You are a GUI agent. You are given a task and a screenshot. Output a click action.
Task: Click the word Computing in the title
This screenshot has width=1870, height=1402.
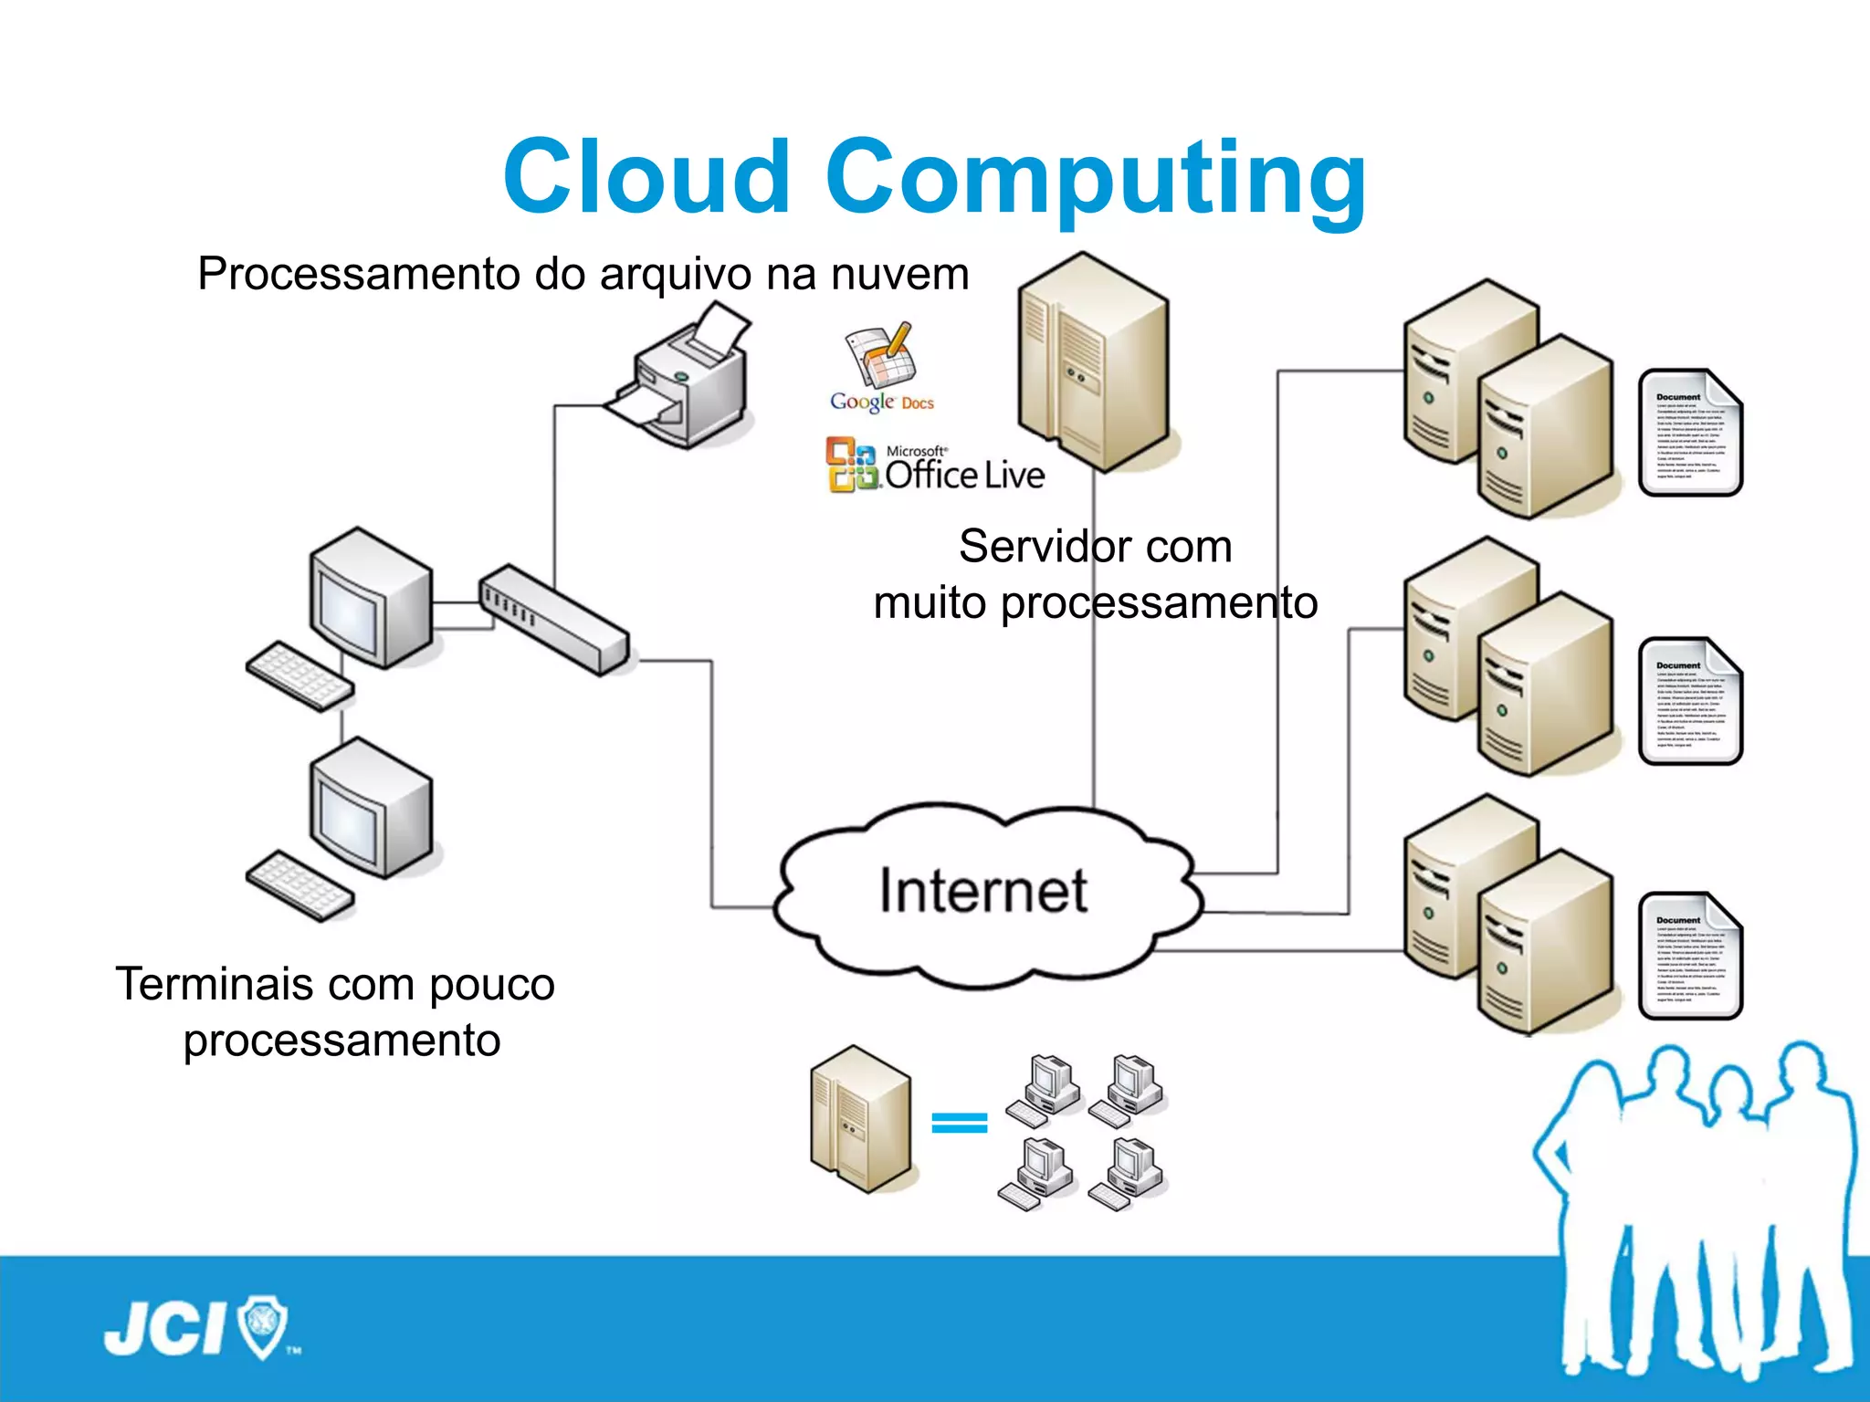pyautogui.click(x=1096, y=178)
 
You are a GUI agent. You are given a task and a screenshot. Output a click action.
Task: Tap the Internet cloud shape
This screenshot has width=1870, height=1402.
pyautogui.click(x=984, y=893)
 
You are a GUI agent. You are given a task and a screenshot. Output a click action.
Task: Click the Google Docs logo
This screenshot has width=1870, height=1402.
pyautogui.click(x=882, y=370)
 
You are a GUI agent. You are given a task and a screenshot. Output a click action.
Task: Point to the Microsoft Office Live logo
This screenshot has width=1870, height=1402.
pyautogui.click(x=935, y=466)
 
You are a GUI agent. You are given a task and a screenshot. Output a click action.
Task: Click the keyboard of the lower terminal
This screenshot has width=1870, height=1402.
pyautogui.click(x=299, y=885)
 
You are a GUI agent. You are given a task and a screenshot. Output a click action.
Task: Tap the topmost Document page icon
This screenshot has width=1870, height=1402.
pyautogui.click(x=1689, y=433)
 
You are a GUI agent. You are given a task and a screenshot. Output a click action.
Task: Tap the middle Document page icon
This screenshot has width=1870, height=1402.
pyautogui.click(x=1689, y=701)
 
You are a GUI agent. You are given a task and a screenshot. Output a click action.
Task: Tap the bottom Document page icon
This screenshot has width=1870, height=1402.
pyautogui.click(x=1689, y=957)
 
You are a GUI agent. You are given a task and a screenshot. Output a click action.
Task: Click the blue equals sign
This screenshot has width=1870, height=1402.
pyautogui.click(x=959, y=1123)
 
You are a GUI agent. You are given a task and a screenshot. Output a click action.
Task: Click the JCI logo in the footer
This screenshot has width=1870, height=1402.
pyautogui.click(x=196, y=1328)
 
